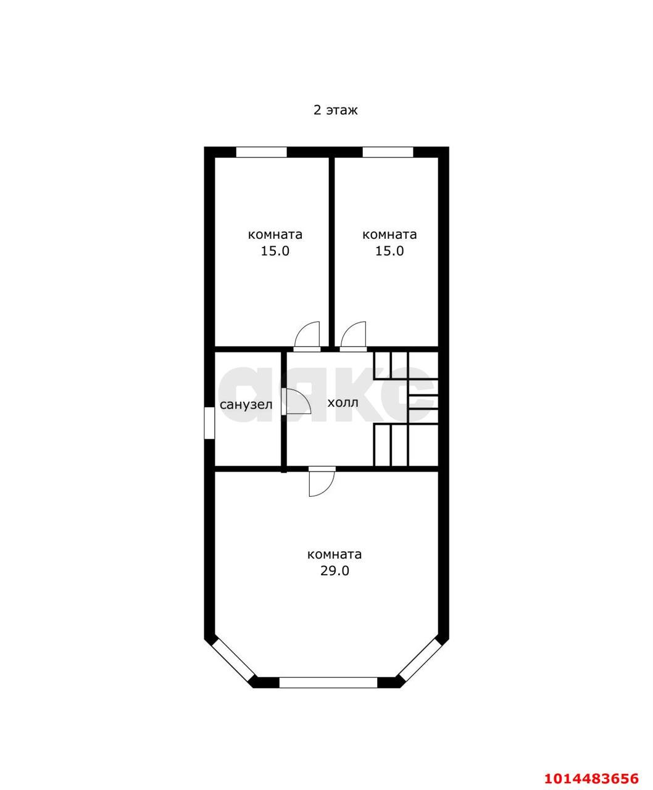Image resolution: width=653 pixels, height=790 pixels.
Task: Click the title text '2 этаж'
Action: pos(336,110)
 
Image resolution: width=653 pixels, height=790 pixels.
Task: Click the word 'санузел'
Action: pos(246,405)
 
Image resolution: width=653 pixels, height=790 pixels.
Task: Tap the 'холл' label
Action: pos(342,403)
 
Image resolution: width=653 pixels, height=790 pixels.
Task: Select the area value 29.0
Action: pos(334,571)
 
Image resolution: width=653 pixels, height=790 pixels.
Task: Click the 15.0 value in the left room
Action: pos(275,251)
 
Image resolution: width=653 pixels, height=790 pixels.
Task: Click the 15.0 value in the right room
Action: pos(389,251)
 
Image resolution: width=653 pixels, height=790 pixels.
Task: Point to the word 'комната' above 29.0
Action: pos(334,554)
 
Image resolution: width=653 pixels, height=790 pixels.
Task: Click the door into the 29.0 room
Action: pos(322,481)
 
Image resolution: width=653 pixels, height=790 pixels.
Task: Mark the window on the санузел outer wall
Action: pos(209,423)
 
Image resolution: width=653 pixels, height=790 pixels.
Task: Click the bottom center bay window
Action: pos(328,683)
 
